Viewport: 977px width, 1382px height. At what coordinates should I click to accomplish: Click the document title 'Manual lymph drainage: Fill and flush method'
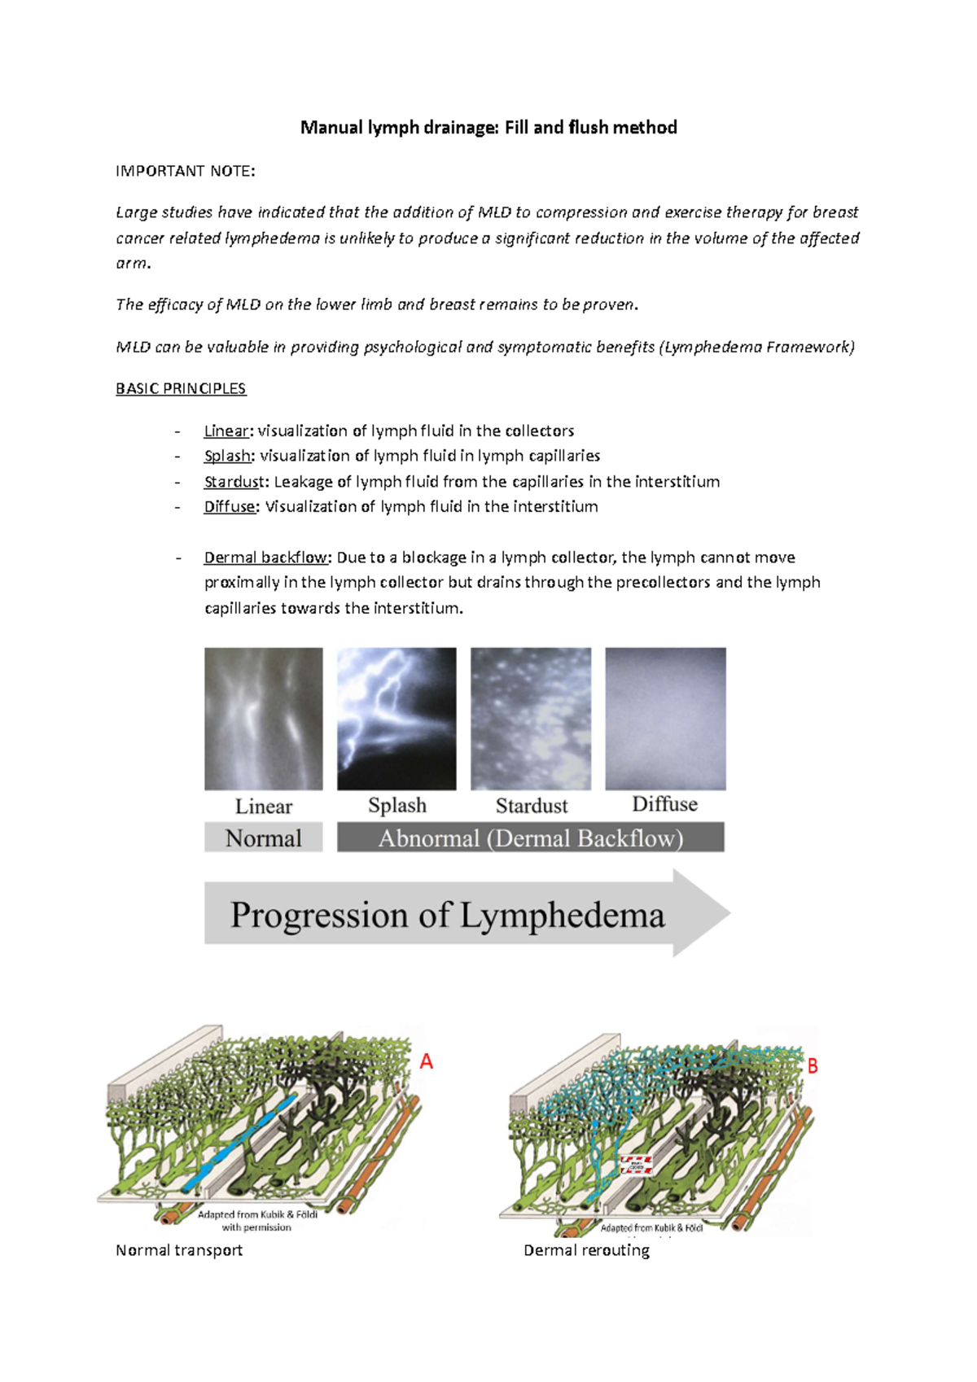pos(488,128)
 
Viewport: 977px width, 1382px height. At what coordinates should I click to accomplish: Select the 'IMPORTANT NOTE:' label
pos(186,171)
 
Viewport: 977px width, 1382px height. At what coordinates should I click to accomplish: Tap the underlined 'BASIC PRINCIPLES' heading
pos(181,389)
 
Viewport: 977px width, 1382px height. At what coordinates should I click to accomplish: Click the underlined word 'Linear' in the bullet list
pos(226,431)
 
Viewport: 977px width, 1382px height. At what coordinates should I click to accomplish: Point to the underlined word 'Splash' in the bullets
pos(228,456)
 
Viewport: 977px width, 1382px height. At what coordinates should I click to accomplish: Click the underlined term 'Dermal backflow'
pos(266,558)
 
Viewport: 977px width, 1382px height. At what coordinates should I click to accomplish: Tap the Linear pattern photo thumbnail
pos(263,718)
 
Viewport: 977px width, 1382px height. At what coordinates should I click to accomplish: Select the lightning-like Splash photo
pos(396,718)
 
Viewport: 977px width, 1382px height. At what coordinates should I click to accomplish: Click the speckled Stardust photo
pos(531,718)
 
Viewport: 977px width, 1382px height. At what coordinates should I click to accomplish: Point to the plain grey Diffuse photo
pos(665,718)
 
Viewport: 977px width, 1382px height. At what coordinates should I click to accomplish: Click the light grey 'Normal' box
pos(263,838)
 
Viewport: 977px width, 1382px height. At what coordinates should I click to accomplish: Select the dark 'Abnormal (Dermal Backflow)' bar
pos(531,838)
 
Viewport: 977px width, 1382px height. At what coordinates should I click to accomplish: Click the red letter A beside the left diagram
pos(426,1061)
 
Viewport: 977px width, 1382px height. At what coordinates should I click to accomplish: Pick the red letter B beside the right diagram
pos(812,1066)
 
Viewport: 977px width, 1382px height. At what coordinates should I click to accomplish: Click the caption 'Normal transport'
pos(179,1250)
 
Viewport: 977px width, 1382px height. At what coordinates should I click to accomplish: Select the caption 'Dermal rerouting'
pos(586,1250)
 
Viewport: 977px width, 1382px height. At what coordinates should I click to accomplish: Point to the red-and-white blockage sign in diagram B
pos(636,1165)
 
